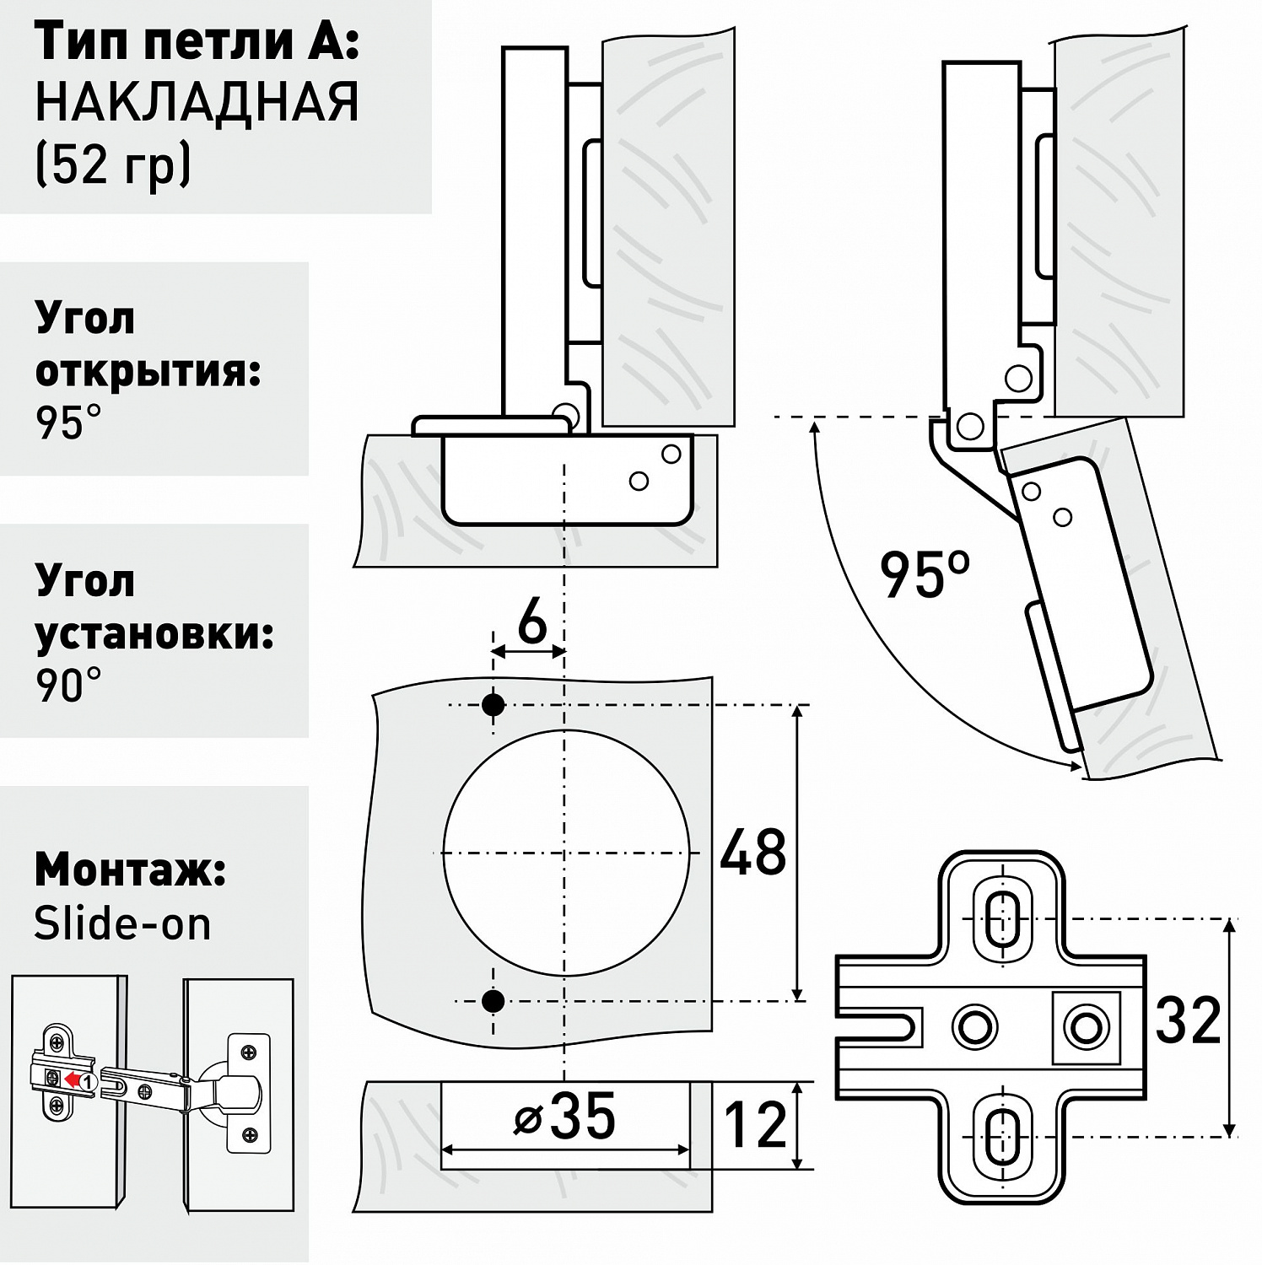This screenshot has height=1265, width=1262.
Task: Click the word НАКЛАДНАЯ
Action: [197, 102]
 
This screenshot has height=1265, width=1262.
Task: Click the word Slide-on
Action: [122, 924]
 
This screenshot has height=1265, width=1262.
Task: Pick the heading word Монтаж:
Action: [130, 870]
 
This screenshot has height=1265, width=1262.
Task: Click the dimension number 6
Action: [532, 624]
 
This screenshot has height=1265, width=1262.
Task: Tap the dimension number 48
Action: [753, 853]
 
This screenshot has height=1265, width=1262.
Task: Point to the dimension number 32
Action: [1188, 1020]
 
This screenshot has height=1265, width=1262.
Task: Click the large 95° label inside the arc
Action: [925, 574]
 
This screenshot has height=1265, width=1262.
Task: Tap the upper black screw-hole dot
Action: [493, 704]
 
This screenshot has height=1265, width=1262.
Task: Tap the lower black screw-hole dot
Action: [493, 1001]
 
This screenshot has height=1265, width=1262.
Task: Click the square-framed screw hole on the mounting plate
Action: [1086, 1026]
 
